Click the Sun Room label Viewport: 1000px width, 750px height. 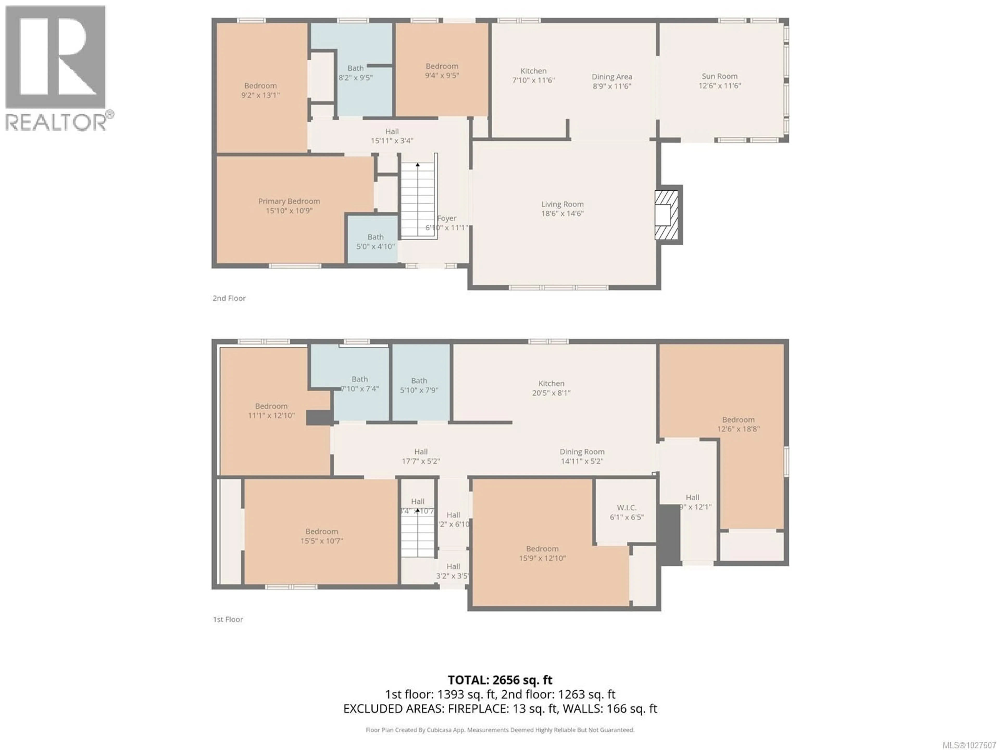(x=719, y=76)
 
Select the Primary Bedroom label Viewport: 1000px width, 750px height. (x=289, y=201)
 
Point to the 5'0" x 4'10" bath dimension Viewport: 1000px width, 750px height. (x=375, y=246)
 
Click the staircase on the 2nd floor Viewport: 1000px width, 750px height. (x=418, y=199)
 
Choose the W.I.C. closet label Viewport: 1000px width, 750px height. (x=627, y=508)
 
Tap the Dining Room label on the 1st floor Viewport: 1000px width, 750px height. (x=582, y=452)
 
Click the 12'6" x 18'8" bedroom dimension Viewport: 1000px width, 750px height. (x=738, y=429)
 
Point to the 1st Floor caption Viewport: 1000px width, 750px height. (x=228, y=619)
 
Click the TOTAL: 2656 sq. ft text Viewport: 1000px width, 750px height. (x=500, y=680)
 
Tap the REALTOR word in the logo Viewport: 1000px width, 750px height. (x=55, y=122)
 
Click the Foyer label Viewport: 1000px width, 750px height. (x=447, y=218)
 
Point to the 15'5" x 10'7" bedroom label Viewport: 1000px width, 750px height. (x=321, y=541)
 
